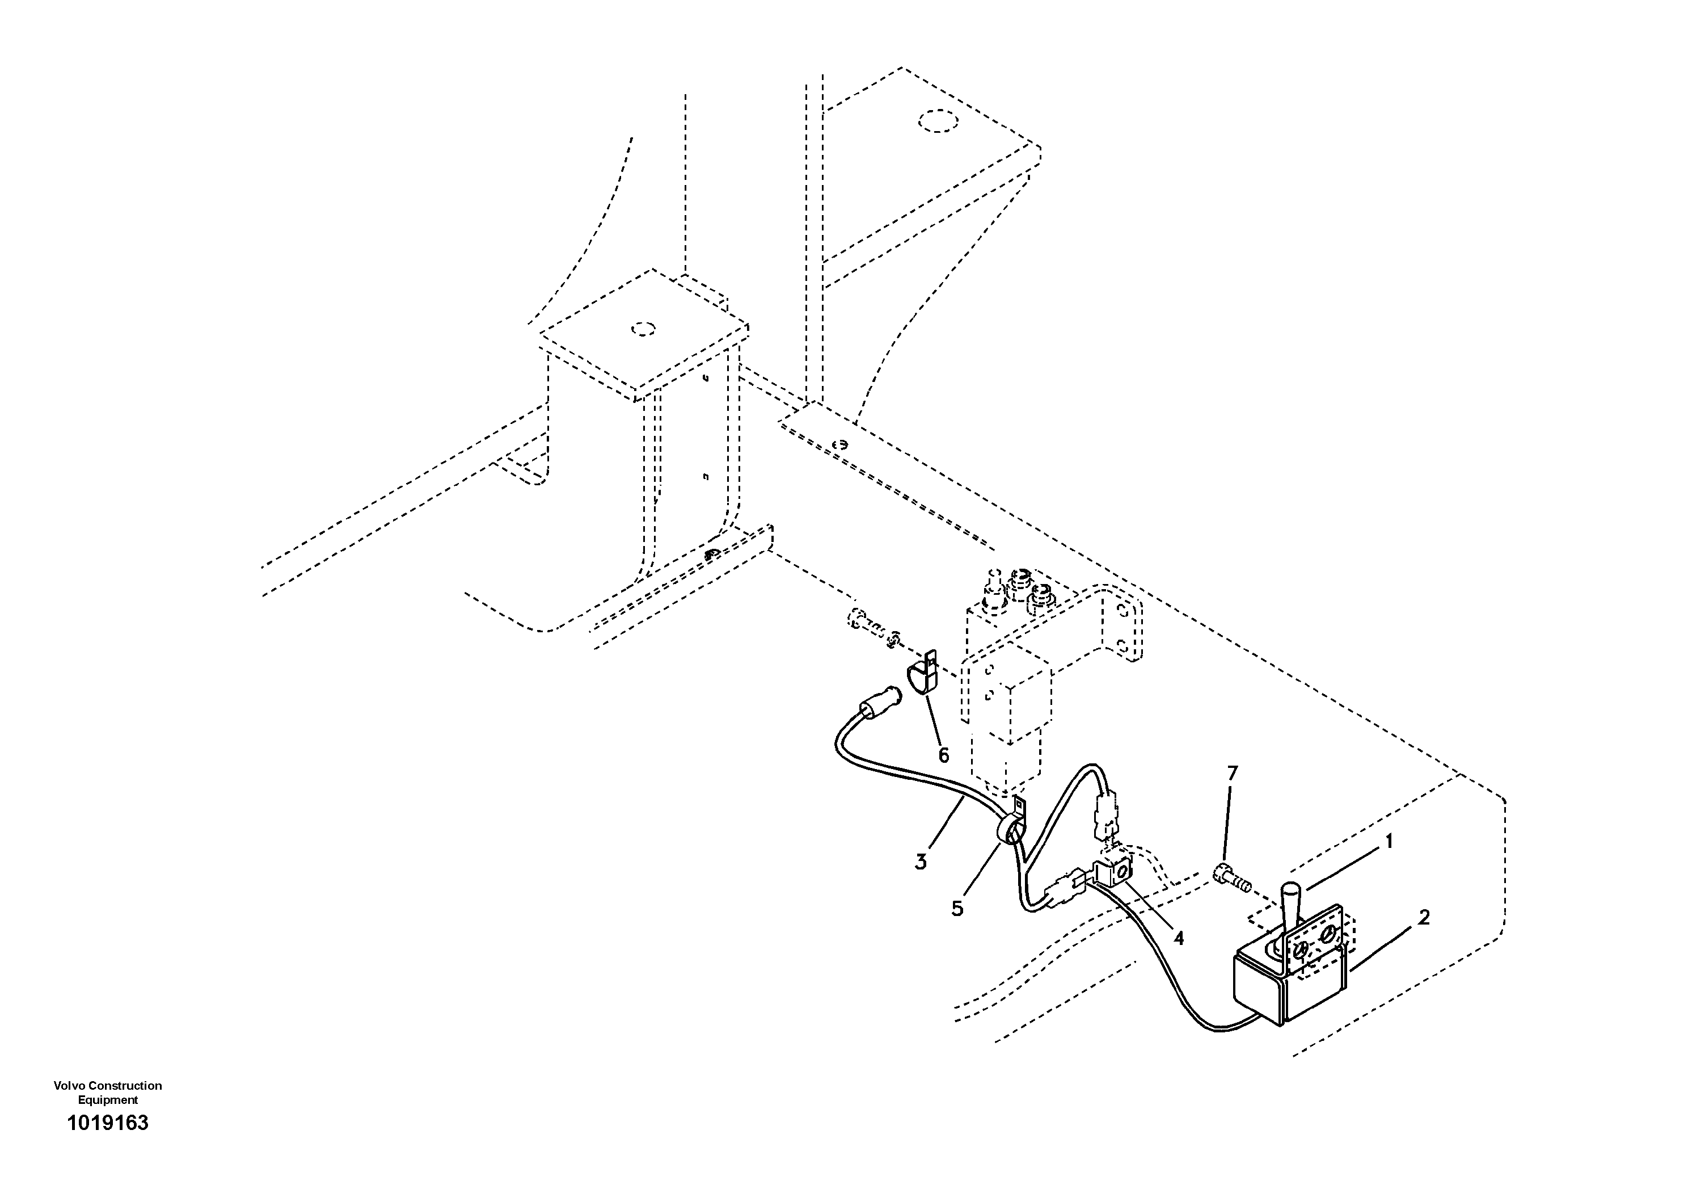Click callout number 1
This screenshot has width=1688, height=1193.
pyautogui.click(x=1389, y=842)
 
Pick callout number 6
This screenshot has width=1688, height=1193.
pyautogui.click(x=943, y=755)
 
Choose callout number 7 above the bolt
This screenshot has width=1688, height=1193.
pyautogui.click(x=1232, y=773)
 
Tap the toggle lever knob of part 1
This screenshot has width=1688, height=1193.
pyautogui.click(x=1292, y=900)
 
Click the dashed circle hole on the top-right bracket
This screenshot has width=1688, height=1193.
pyautogui.click(x=936, y=121)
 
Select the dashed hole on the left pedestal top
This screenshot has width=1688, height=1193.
pyautogui.click(x=643, y=328)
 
